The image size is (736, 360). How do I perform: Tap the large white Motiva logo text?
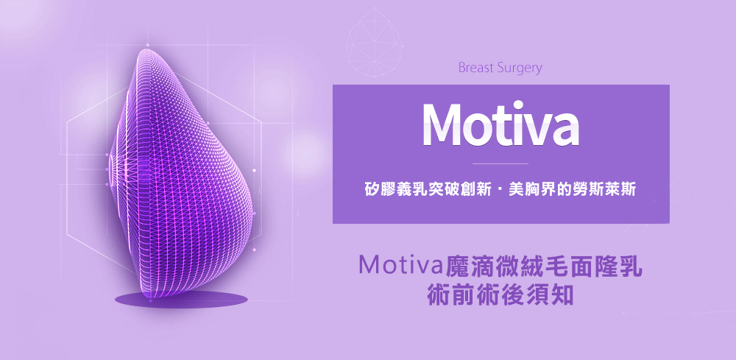(500, 124)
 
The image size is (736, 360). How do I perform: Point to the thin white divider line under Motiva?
(500, 164)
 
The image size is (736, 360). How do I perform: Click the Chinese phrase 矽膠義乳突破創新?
(425, 191)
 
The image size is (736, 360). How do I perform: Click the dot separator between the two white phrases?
(498, 191)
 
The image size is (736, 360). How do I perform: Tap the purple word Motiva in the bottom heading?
(400, 266)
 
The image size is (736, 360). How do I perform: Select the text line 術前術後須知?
(500, 294)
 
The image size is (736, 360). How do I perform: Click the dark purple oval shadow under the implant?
(181, 300)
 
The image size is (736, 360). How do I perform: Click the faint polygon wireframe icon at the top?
(375, 42)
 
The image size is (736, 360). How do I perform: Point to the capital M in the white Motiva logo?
(445, 124)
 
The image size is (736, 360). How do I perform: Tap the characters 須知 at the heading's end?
(550, 294)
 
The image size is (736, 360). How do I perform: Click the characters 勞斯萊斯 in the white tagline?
(604, 191)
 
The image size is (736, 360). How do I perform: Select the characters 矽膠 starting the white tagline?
(380, 191)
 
